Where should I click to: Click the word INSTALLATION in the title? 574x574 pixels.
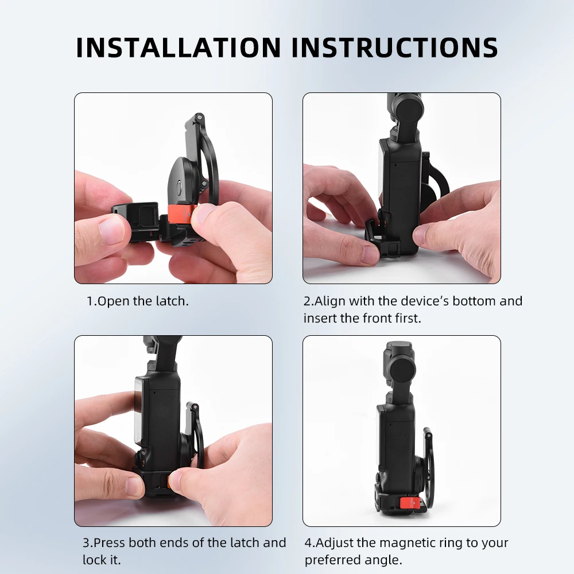tap(179, 48)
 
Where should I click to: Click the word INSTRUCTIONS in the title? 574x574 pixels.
tap(395, 48)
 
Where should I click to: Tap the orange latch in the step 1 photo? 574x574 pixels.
tap(180, 214)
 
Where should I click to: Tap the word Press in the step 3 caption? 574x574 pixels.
tap(109, 542)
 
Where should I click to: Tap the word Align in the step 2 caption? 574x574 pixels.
tap(330, 301)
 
